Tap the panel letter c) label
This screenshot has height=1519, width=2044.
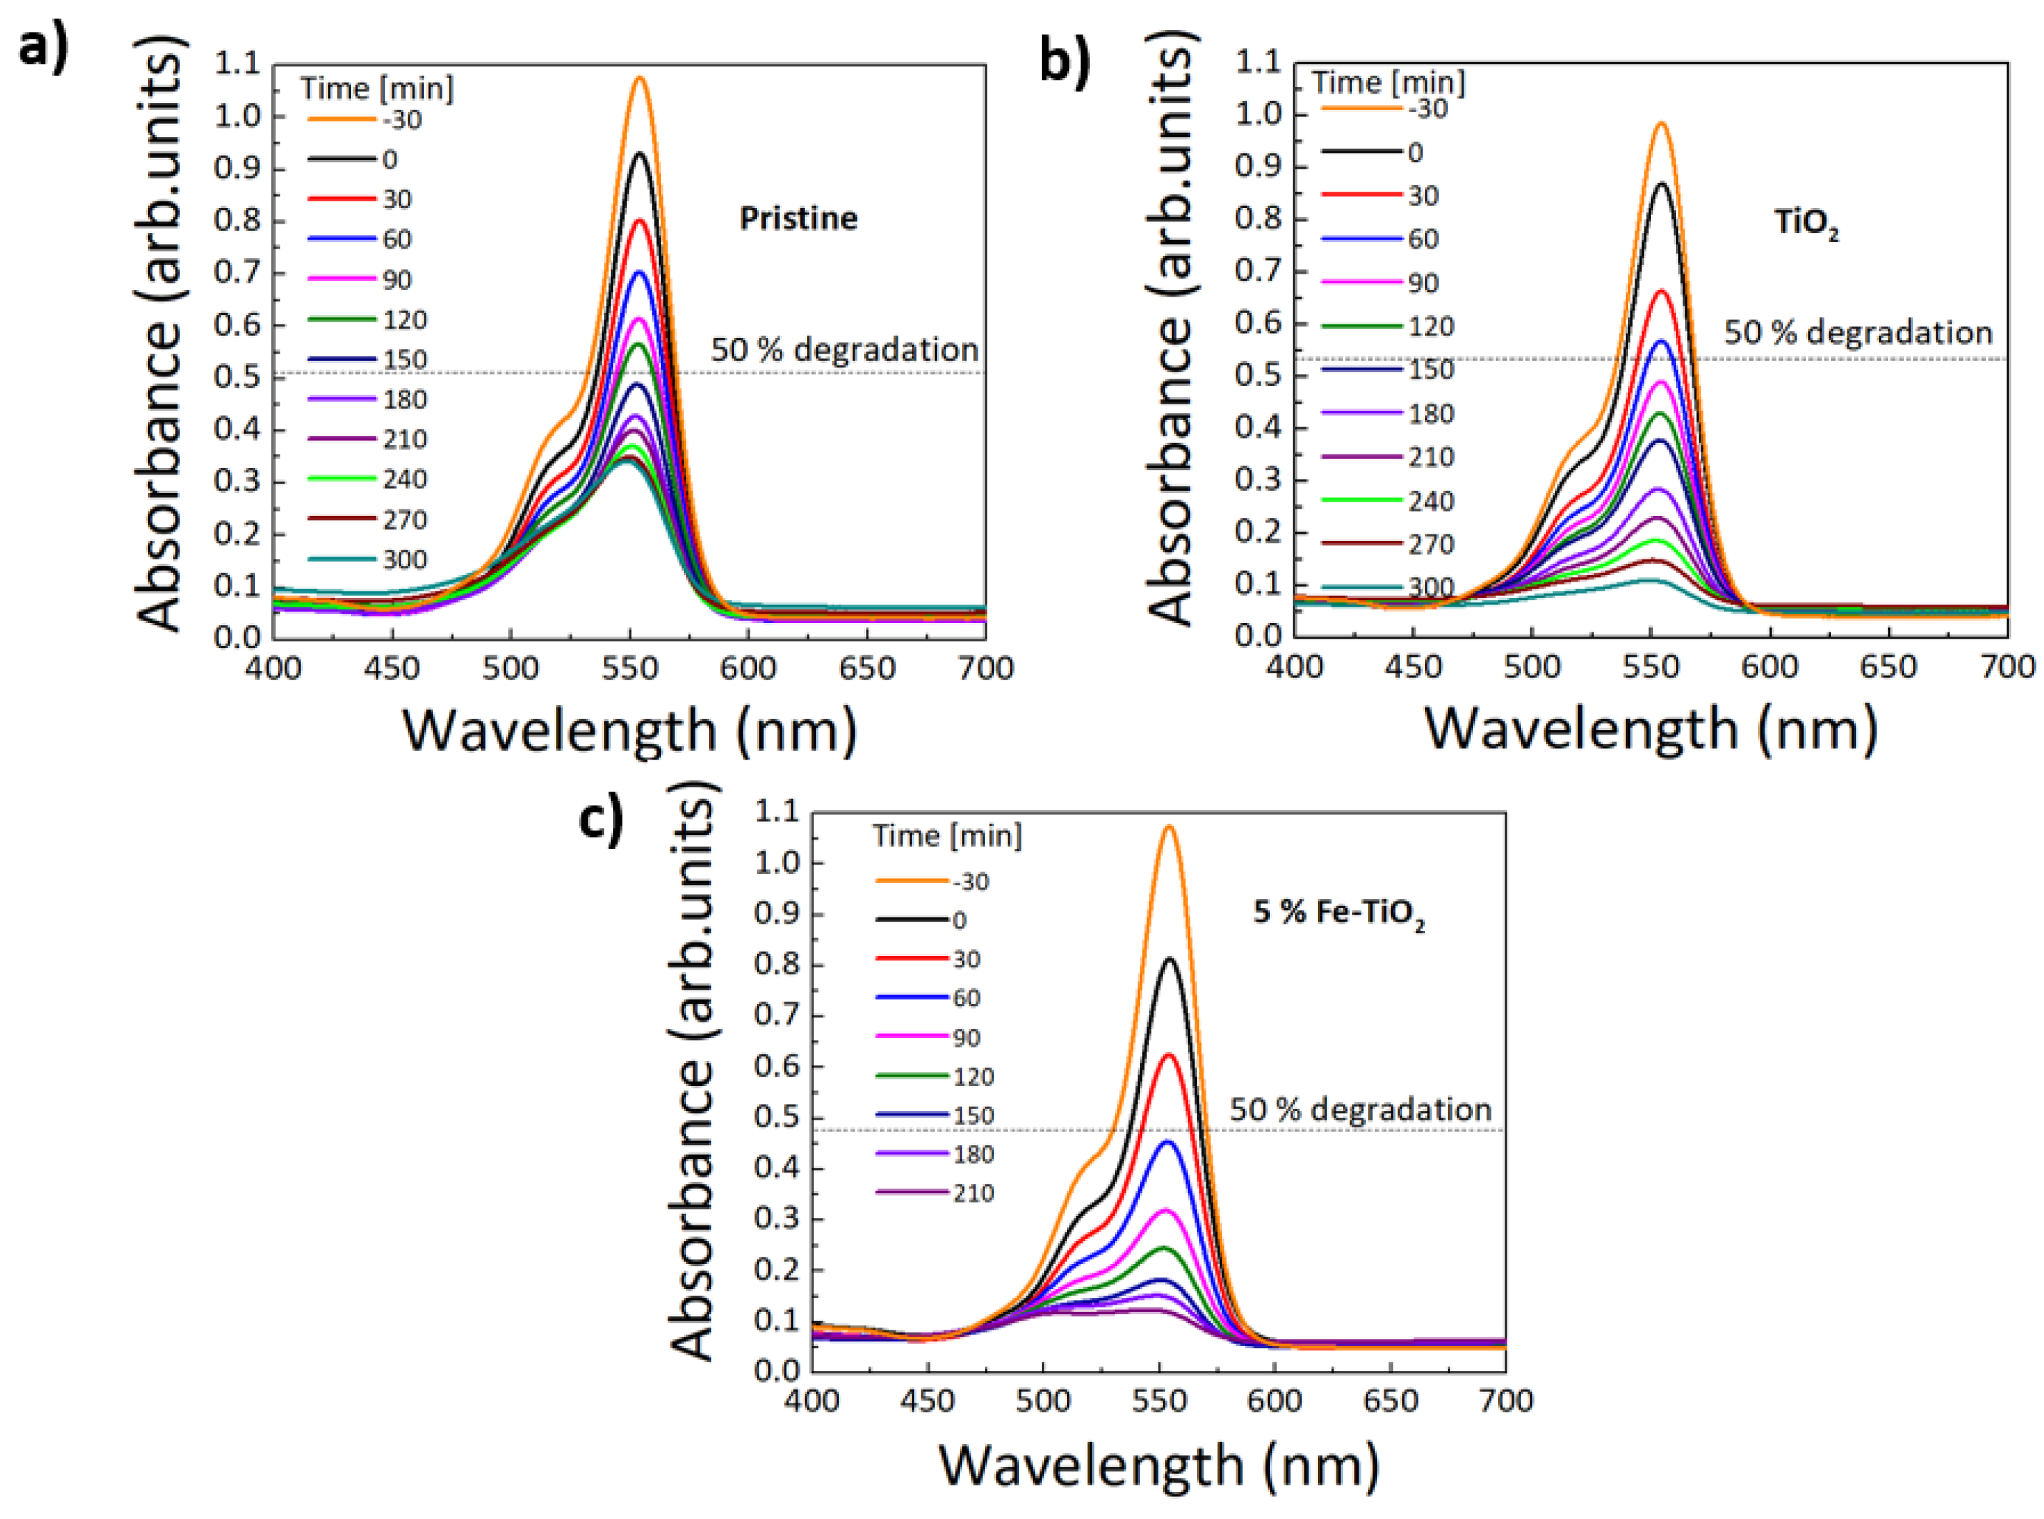[x=600, y=816]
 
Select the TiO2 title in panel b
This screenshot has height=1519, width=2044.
[x=1805, y=224]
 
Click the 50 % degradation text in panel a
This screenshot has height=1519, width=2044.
[x=843, y=349]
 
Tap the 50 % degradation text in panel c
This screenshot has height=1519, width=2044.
[x=1360, y=1109]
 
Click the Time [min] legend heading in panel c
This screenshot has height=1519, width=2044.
[x=946, y=835]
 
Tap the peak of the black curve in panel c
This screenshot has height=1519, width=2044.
[x=1169, y=959]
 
